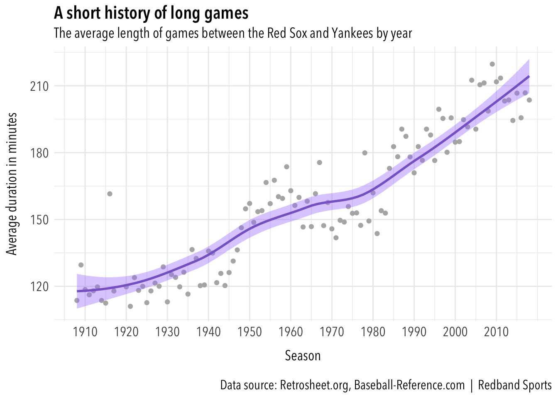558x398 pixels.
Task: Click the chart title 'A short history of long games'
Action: click(x=151, y=14)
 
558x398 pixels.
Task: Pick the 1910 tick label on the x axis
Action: click(x=85, y=332)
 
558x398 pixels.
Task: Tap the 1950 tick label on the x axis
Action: click(x=250, y=332)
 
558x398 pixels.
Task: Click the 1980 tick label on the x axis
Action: click(x=373, y=332)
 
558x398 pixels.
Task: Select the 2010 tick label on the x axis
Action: click(x=496, y=332)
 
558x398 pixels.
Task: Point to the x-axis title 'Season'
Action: click(x=303, y=356)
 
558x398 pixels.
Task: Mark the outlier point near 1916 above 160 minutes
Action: click(x=110, y=194)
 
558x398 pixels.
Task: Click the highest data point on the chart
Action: click(x=492, y=64)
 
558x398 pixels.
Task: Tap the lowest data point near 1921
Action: click(x=130, y=306)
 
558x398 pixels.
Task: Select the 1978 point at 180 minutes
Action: click(x=365, y=153)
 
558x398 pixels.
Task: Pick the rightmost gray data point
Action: click(x=529, y=100)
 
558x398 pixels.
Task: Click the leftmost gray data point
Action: click(x=77, y=300)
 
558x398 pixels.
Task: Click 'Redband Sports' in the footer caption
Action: click(x=514, y=385)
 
